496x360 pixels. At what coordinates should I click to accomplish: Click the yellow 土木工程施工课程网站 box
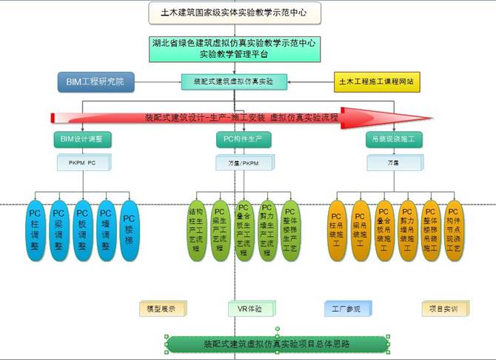click(378, 81)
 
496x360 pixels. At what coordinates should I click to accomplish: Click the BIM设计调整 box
click(82, 139)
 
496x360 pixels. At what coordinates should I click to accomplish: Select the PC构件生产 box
click(238, 139)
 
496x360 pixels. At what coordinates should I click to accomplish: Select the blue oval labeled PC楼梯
click(129, 230)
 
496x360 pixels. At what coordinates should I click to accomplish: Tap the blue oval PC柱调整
click(35, 230)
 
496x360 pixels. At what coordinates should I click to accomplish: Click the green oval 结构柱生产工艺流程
click(197, 230)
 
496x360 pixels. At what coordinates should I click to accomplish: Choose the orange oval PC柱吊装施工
click(337, 230)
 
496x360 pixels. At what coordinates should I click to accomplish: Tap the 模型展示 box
click(162, 307)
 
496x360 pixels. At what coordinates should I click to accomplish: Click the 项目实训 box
click(445, 307)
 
